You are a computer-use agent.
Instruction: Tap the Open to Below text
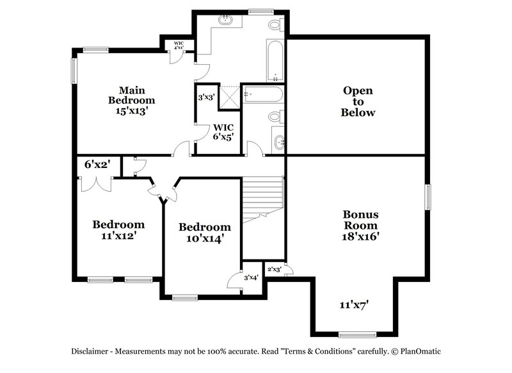point(358,101)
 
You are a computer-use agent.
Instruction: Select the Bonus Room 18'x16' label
point(360,225)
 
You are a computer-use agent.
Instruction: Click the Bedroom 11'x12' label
point(118,229)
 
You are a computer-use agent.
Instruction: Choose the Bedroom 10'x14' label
point(204,232)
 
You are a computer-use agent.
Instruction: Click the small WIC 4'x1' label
point(179,46)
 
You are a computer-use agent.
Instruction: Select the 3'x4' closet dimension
point(251,278)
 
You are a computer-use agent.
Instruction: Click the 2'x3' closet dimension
point(274,269)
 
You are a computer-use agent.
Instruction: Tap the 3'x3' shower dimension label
point(206,98)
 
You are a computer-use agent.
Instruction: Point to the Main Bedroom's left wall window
point(73,70)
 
